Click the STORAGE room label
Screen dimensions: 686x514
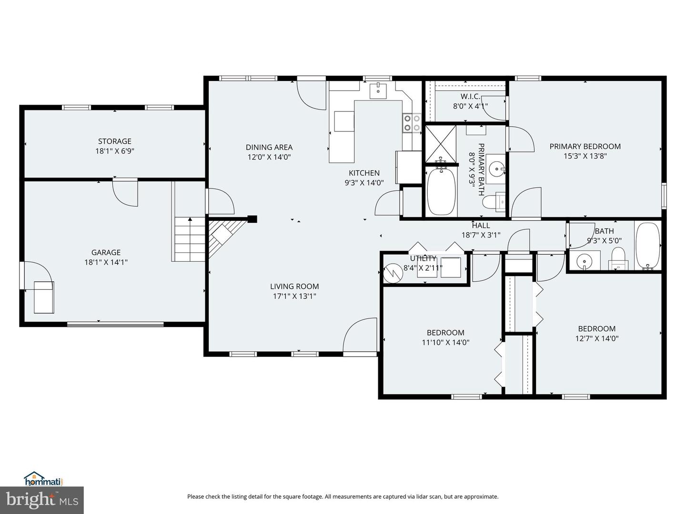115,141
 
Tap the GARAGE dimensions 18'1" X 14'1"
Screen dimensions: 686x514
106,262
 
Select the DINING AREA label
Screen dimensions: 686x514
269,147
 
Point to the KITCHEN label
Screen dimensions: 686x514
364,173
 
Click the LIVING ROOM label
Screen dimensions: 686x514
294,286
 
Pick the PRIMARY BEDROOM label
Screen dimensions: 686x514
585,146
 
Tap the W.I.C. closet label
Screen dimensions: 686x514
470,97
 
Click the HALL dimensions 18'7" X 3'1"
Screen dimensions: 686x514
481,235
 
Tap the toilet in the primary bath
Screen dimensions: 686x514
494,202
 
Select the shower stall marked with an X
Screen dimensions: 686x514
441,144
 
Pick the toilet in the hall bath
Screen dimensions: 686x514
618,258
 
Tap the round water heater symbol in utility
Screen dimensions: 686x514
393,273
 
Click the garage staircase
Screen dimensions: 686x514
190,239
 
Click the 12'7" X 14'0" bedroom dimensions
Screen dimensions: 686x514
597,338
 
